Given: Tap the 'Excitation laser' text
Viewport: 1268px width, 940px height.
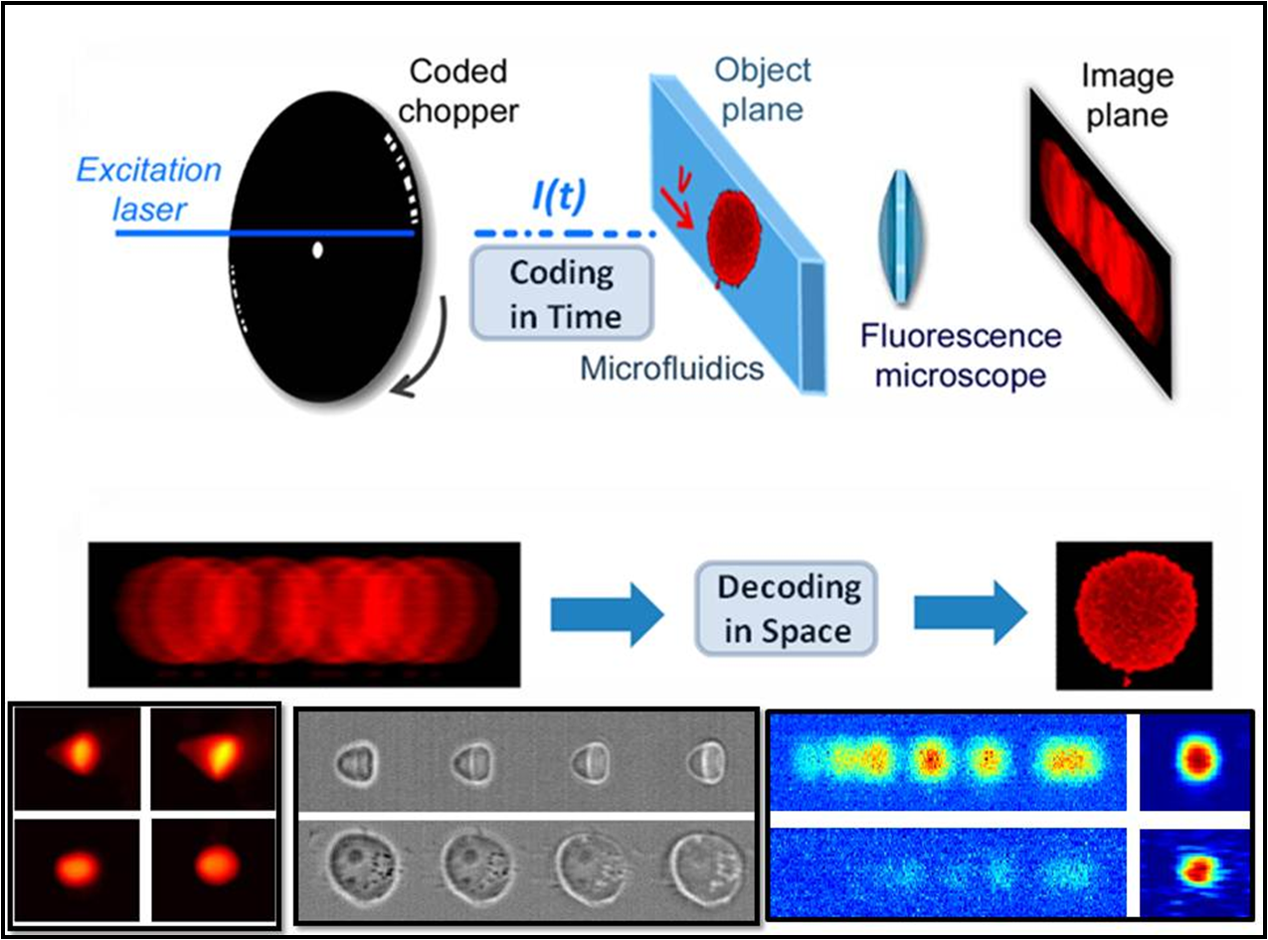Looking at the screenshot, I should (149, 186).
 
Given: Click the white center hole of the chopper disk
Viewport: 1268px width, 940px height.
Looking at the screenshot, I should (317, 250).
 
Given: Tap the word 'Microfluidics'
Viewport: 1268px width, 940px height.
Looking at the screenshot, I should (672, 369).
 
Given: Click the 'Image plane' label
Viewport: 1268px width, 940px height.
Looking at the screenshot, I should (1127, 96).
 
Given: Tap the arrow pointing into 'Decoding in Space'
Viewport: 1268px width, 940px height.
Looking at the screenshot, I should (606, 609).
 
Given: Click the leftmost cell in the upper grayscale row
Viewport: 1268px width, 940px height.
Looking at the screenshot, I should (355, 765).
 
